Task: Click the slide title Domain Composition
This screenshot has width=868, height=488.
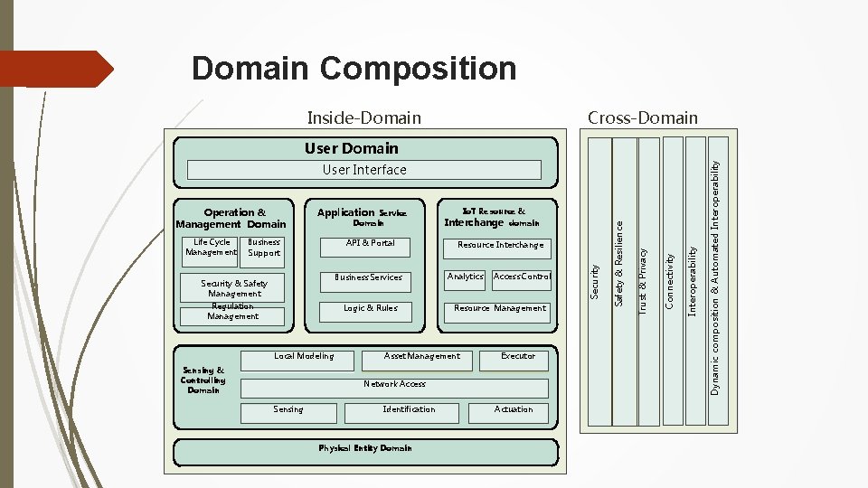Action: (x=354, y=69)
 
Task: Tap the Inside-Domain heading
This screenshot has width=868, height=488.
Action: (x=363, y=117)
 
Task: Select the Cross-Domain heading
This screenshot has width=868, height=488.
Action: (x=642, y=117)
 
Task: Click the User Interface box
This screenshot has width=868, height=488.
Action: (x=364, y=170)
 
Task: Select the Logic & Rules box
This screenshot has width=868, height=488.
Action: (x=370, y=309)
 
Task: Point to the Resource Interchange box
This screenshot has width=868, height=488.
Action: (x=500, y=246)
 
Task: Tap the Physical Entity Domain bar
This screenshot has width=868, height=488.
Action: (x=364, y=449)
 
